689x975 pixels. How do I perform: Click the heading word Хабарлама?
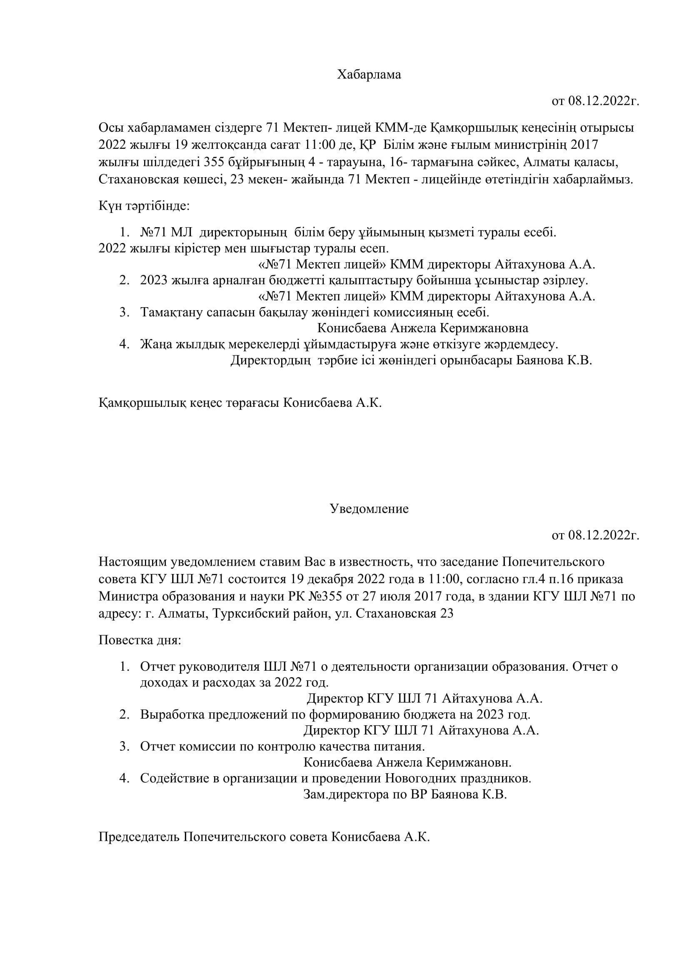point(369,75)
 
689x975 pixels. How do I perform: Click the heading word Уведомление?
point(369,509)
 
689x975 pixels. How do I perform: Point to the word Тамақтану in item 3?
point(172,312)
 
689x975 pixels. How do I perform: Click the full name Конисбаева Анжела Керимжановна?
point(422,328)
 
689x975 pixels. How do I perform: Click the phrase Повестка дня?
point(140,640)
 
